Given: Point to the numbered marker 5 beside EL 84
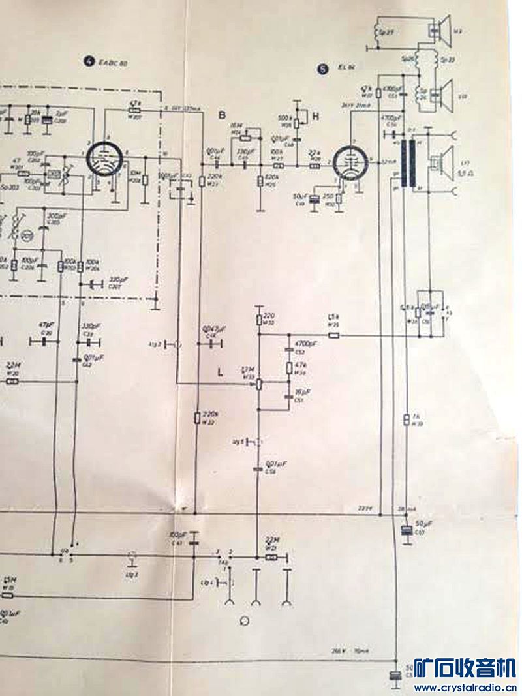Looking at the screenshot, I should (x=321, y=68).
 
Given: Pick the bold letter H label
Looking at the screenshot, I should (x=316, y=116).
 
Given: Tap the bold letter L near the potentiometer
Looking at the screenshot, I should (x=221, y=372).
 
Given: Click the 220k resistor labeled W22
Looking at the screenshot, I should (x=198, y=416).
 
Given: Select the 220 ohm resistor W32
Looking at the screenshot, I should (x=259, y=319).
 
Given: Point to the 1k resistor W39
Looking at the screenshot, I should (x=407, y=418).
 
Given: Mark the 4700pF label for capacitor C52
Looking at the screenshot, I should (x=305, y=343).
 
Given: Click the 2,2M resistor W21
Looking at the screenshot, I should (x=271, y=558).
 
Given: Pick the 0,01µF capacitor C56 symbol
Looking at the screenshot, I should (x=259, y=469).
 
